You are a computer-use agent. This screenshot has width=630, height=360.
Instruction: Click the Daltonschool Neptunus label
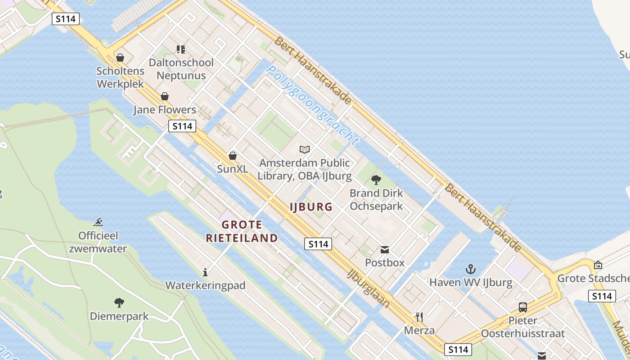[181, 69]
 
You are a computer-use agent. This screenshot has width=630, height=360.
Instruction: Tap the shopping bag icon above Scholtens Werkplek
[120, 58]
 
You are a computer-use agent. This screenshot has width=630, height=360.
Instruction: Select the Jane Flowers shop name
[165, 110]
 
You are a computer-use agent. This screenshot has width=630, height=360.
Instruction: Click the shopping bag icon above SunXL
[233, 156]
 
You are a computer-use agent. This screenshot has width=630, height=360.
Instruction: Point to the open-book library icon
[305, 149]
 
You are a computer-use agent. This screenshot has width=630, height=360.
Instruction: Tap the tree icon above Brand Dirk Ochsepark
[376, 180]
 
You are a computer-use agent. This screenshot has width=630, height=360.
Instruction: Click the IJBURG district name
[311, 207]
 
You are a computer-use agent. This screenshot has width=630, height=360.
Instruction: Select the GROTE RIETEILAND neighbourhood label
[242, 231]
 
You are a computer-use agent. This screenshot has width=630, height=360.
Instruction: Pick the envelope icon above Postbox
[385, 250]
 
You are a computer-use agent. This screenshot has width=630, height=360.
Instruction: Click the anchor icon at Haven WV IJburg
[471, 269]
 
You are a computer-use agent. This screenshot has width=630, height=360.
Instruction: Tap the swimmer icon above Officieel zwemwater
[99, 222]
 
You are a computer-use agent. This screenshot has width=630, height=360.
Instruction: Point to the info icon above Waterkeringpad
[205, 272]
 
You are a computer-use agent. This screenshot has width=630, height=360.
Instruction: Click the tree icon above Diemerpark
[119, 302]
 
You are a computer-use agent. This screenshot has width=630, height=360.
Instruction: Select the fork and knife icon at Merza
[419, 317]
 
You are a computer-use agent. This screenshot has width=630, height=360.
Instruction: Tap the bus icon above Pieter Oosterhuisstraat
[523, 307]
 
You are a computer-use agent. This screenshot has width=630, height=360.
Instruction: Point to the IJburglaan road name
[369, 288]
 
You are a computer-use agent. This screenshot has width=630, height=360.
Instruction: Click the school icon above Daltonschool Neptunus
[181, 49]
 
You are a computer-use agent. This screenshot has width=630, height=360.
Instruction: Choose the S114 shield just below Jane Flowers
[182, 126]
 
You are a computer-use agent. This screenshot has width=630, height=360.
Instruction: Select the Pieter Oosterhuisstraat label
[523, 327]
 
